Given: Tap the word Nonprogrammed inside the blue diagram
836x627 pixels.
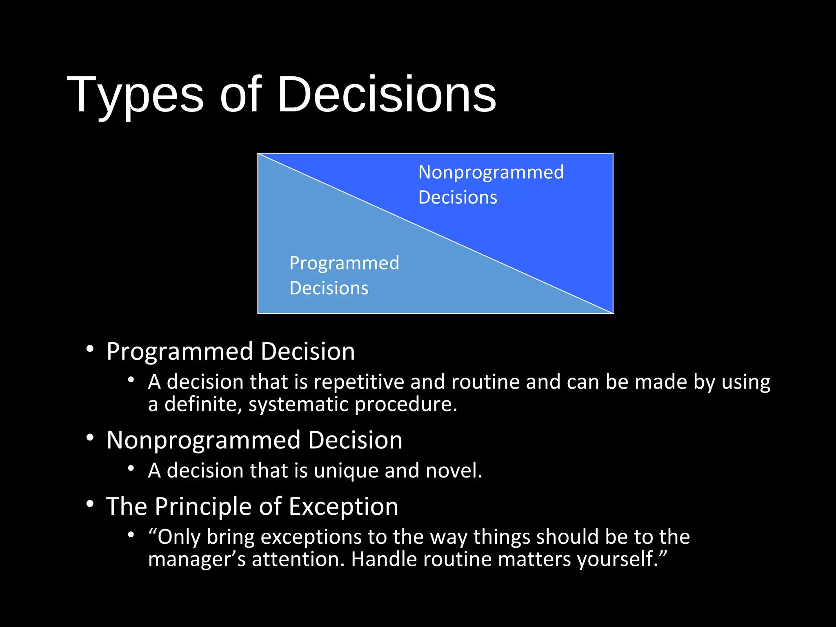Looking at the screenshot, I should pos(491,172).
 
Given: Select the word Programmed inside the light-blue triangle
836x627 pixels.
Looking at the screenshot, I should pos(344,263).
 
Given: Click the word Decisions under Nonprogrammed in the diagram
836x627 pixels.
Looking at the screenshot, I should pos(458,198).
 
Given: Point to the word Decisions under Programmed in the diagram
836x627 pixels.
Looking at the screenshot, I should pos(329,288).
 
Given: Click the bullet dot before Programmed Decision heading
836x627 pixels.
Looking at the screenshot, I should pos(90,349).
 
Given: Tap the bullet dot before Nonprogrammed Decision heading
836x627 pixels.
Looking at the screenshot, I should pos(90,438).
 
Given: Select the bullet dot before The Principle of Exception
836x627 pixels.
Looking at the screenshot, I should pos(90,504).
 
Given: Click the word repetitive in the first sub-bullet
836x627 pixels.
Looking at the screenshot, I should pos(359,382).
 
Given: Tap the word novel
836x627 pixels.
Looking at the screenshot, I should pos(454,470).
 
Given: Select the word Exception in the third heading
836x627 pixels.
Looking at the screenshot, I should pos(343,507).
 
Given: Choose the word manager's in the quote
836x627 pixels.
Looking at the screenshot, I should pos(197,559).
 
